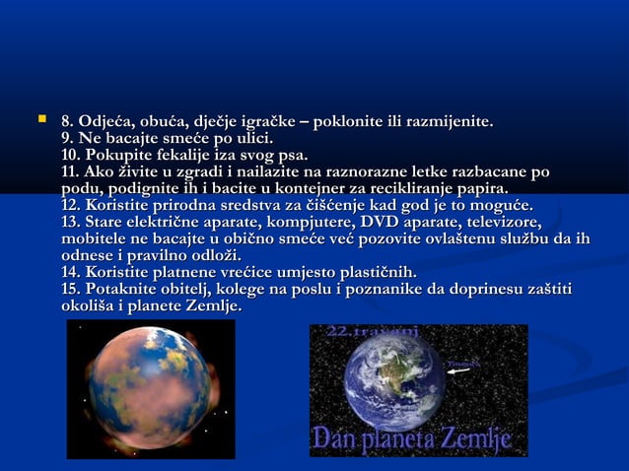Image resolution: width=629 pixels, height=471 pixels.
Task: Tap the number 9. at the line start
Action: [68, 138]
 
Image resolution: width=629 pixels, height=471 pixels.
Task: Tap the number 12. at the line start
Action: [72, 206]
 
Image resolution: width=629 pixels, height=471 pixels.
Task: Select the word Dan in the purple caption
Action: [336, 439]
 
